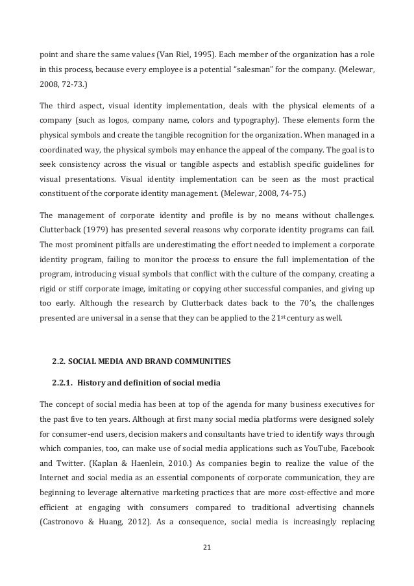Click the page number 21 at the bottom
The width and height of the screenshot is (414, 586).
pyautogui.click(x=207, y=547)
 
